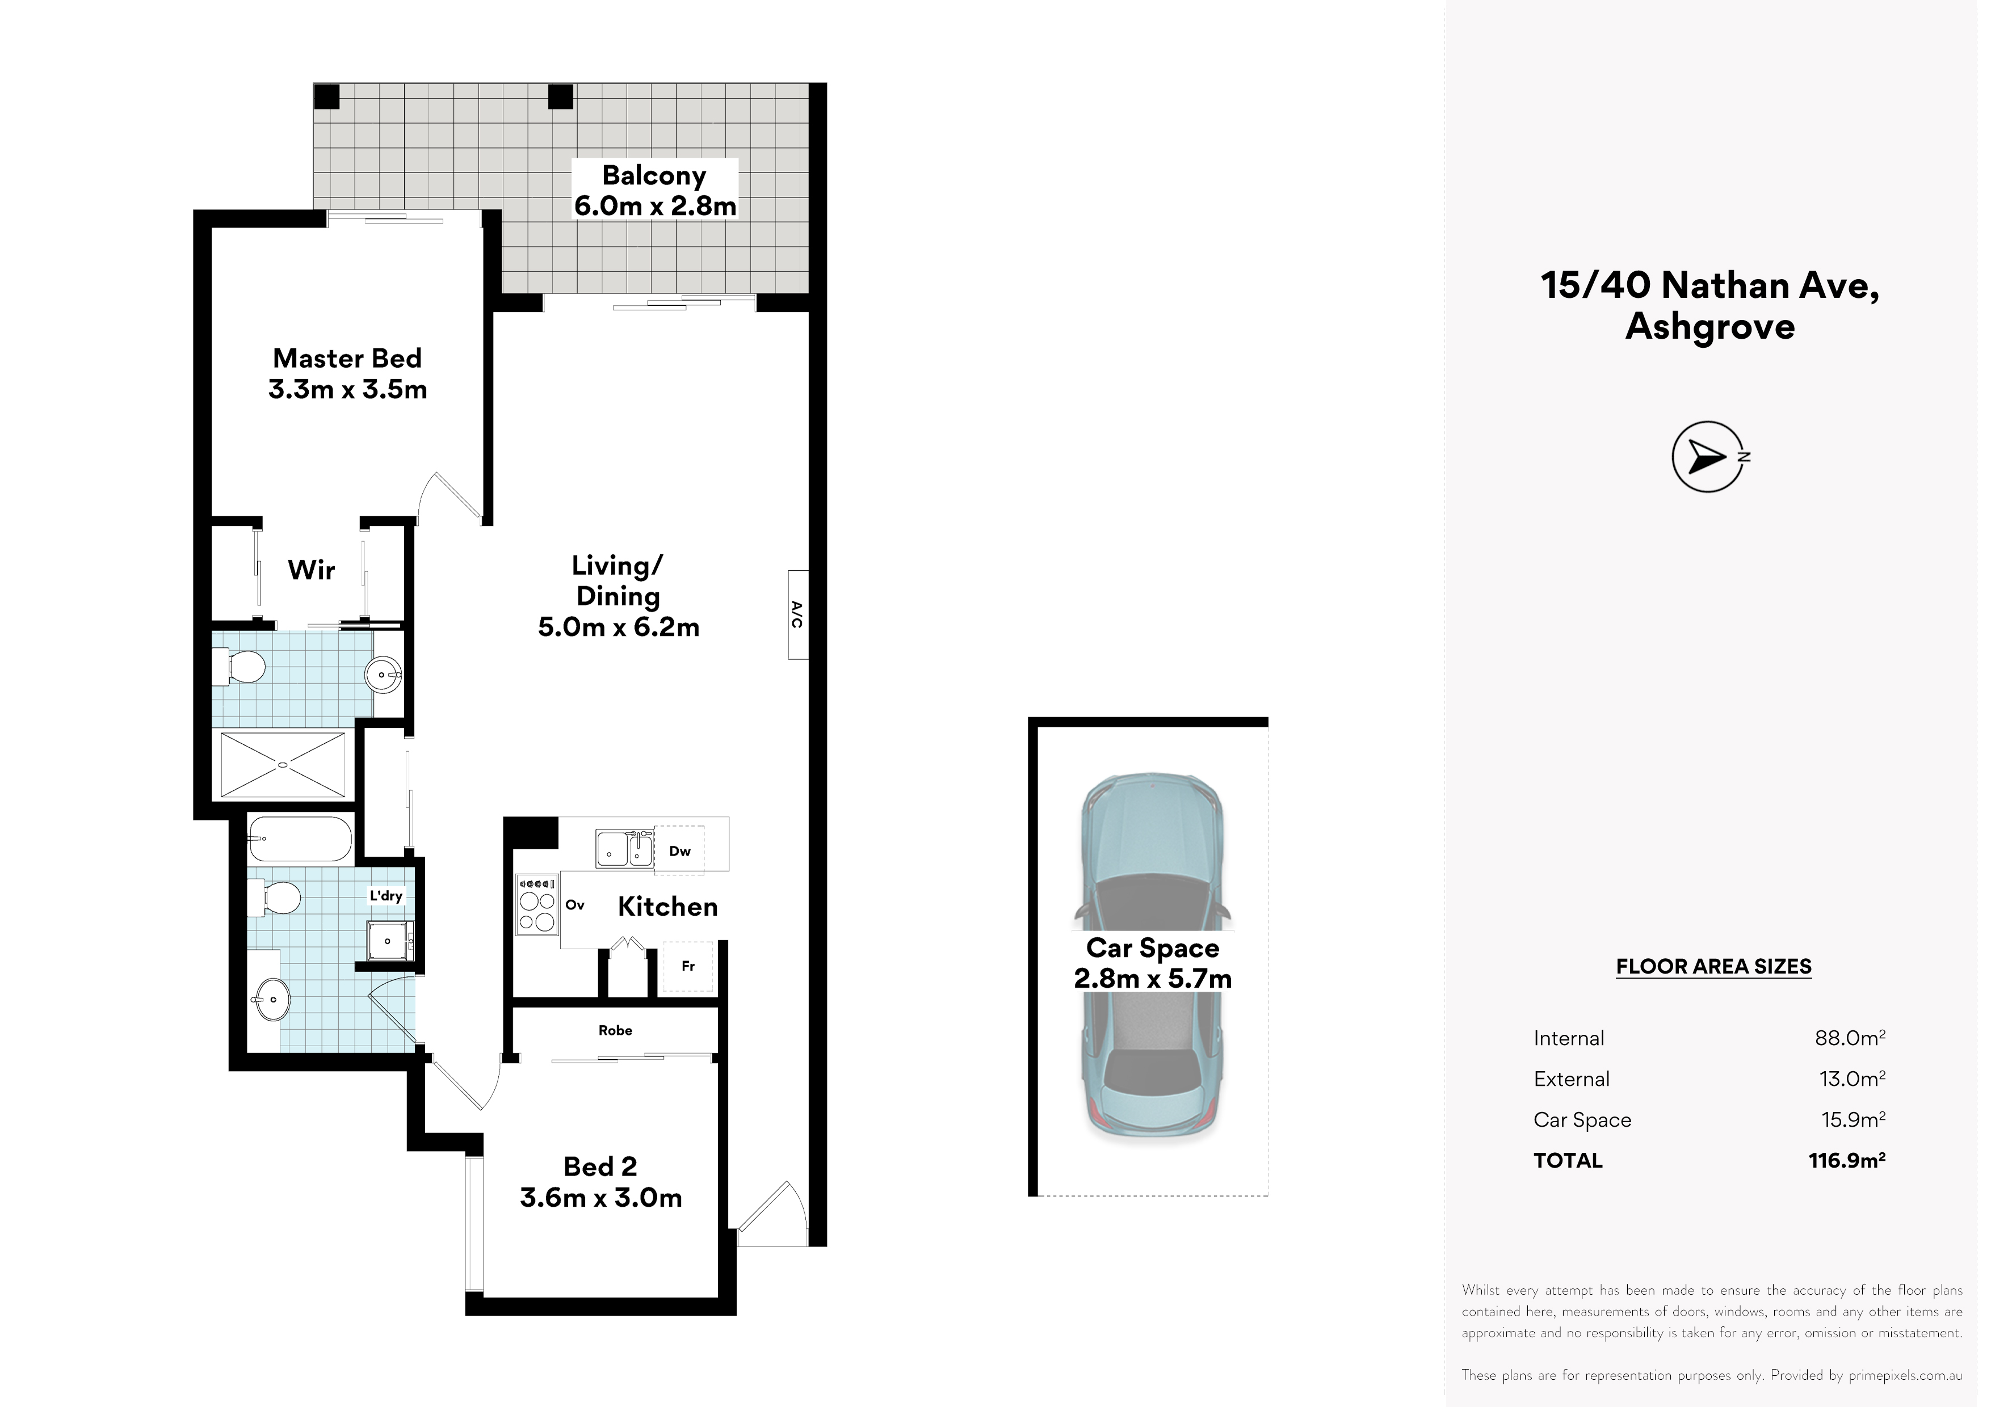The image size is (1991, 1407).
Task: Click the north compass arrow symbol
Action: click(1707, 457)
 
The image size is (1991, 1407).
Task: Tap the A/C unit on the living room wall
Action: click(798, 614)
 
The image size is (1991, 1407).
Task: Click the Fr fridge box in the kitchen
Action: click(688, 966)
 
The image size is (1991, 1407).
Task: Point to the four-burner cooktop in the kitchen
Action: click(537, 903)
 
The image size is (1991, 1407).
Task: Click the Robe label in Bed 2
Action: click(615, 1030)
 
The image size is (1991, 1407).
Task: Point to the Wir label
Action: click(312, 570)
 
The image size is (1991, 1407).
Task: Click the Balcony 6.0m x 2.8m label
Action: click(655, 190)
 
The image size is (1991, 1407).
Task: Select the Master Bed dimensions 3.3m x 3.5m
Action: click(348, 389)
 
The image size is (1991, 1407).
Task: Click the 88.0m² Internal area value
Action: click(1850, 1037)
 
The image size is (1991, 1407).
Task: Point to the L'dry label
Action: click(386, 895)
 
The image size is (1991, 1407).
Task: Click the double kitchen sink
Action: click(624, 848)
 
